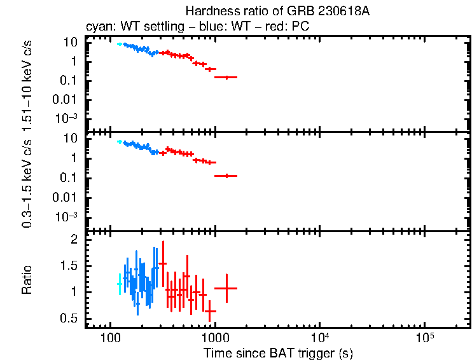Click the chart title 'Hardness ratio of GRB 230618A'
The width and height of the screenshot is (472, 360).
(x=277, y=11)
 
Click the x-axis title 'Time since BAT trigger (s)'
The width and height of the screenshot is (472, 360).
(x=278, y=352)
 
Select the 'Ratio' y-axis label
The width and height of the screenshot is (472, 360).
(x=27, y=280)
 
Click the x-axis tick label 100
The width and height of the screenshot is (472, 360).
(x=111, y=336)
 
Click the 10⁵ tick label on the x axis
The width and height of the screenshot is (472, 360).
(x=424, y=335)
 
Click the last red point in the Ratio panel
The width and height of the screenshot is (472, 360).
(x=226, y=288)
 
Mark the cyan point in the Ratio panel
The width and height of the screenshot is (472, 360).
(x=119, y=284)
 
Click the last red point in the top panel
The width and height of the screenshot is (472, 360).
(x=226, y=77)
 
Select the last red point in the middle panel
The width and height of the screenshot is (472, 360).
(x=226, y=176)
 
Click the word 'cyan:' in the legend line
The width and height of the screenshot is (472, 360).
(x=99, y=27)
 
